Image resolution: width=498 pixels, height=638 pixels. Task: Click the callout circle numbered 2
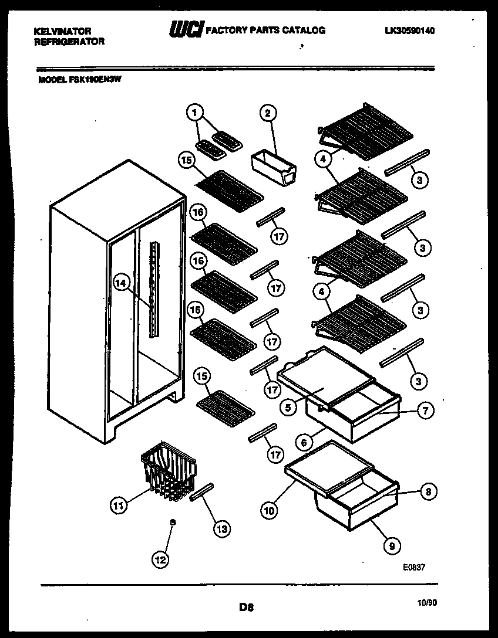pyautogui.click(x=268, y=113)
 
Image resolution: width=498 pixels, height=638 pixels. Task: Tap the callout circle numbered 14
pyautogui.click(x=121, y=283)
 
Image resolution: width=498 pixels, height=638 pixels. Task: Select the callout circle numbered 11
pyautogui.click(x=119, y=505)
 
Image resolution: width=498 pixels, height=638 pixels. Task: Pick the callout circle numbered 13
pyautogui.click(x=221, y=528)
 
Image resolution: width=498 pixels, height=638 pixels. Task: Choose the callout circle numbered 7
pyautogui.click(x=425, y=410)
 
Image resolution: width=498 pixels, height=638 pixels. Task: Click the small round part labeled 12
pyautogui.click(x=172, y=521)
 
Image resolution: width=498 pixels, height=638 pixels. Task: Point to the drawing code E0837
pyautogui.click(x=413, y=567)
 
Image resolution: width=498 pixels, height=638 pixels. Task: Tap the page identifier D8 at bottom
pyautogui.click(x=247, y=608)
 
